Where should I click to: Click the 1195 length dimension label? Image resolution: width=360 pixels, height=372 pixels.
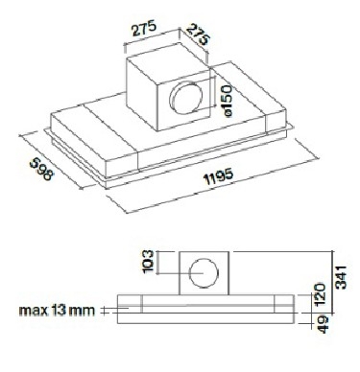[x=219, y=176]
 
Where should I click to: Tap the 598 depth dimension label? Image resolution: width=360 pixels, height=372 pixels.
[x=42, y=170]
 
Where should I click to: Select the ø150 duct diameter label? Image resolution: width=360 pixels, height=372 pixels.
[x=227, y=101]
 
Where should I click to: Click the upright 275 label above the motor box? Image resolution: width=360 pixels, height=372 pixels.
[x=144, y=28]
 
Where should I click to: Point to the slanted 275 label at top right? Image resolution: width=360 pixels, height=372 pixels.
[x=198, y=34]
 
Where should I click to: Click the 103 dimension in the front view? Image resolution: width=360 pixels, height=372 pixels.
[x=149, y=262]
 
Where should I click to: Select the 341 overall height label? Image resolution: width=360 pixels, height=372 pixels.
[x=342, y=277]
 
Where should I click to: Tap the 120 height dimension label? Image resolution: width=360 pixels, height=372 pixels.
[x=321, y=294]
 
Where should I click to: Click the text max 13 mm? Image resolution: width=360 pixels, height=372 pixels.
[x=58, y=311]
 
